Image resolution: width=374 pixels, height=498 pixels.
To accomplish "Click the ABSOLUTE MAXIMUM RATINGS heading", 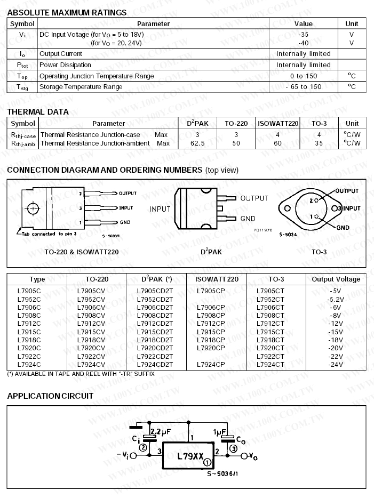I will [67, 12].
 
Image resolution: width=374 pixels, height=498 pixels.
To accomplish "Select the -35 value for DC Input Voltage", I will [304, 34].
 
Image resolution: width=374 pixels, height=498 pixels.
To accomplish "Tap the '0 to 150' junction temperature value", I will [304, 76].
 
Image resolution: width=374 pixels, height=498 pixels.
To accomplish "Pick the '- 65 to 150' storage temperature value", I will [304, 87].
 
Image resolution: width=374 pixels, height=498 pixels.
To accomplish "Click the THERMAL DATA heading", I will [38, 112].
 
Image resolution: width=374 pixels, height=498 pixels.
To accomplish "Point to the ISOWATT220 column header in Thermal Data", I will [278, 124].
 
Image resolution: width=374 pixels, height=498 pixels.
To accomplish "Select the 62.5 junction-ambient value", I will [197, 143].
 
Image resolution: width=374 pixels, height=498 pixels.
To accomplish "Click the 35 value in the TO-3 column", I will [319, 143].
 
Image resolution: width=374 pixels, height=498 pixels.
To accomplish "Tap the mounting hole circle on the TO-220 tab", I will [33, 208].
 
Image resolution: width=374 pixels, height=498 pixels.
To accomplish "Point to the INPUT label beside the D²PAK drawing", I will [160, 209].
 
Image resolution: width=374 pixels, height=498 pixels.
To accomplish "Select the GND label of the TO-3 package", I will [344, 227].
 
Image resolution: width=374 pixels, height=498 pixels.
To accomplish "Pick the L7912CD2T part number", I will [155, 324].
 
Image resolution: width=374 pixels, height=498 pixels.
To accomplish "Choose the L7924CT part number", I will [270, 365].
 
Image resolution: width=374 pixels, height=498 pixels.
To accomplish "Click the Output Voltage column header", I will [336, 279].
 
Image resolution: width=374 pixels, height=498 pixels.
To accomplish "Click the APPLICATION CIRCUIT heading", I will [50, 396].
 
